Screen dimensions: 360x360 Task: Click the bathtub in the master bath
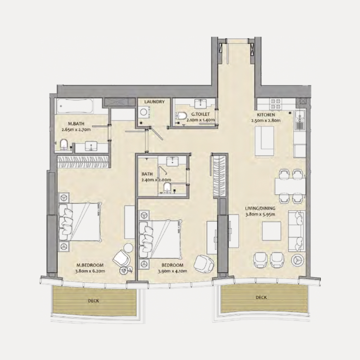point(75,106)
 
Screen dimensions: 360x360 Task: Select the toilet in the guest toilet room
point(181,117)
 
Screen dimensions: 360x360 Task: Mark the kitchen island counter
point(264,139)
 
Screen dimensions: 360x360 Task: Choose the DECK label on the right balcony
point(261,297)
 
